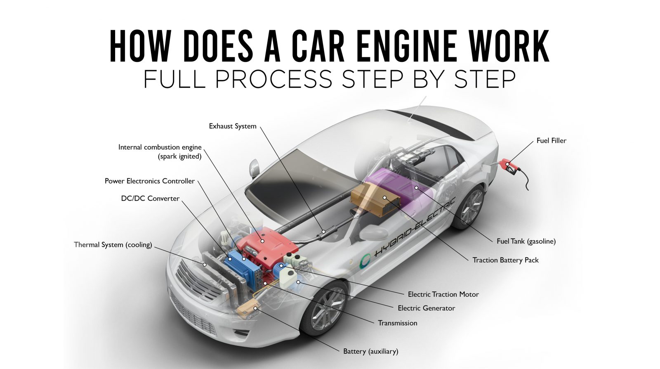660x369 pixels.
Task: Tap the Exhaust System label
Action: (233, 126)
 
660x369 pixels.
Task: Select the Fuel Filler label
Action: (551, 141)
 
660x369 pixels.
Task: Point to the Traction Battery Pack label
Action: (506, 260)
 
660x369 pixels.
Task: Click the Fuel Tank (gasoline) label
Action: (526, 241)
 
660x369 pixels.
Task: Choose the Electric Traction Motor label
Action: (443, 294)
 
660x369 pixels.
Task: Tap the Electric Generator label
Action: (427, 308)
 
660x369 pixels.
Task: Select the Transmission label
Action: (398, 323)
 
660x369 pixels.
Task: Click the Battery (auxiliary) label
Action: (371, 351)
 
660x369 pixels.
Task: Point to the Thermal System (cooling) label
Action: (113, 245)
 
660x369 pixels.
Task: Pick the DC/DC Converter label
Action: (150, 199)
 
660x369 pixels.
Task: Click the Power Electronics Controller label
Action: (150, 181)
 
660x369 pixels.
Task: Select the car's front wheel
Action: (325, 307)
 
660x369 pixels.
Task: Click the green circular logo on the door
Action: (365, 261)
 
